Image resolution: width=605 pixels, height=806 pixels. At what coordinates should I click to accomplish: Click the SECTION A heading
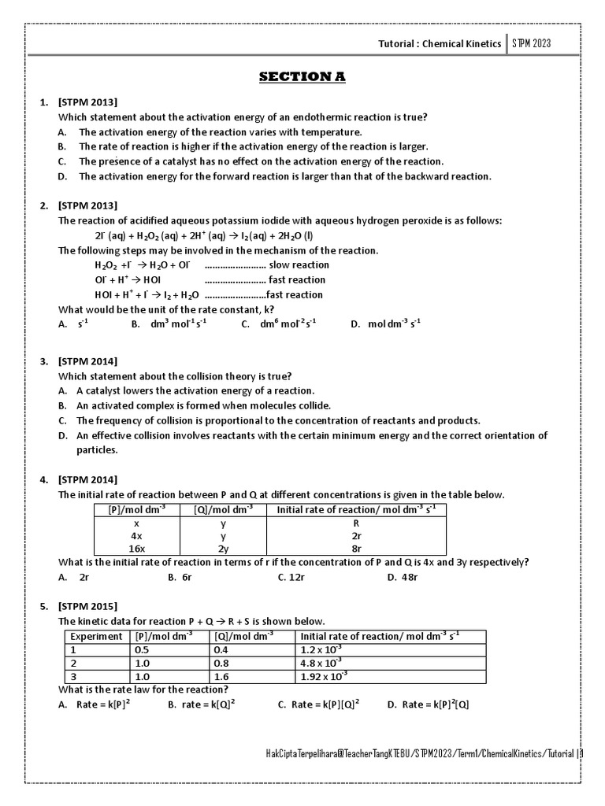point(302,76)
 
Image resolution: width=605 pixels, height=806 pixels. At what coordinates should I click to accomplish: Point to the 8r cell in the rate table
point(357,549)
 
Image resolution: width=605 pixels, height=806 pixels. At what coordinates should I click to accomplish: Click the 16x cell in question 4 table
point(136,549)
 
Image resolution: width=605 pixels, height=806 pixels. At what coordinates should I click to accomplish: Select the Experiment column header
point(96,636)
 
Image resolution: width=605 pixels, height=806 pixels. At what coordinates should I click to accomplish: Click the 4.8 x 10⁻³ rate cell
point(321,663)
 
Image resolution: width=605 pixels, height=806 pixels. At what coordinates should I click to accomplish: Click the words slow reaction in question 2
point(299,265)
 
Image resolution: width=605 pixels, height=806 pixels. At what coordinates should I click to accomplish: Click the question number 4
point(44,479)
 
